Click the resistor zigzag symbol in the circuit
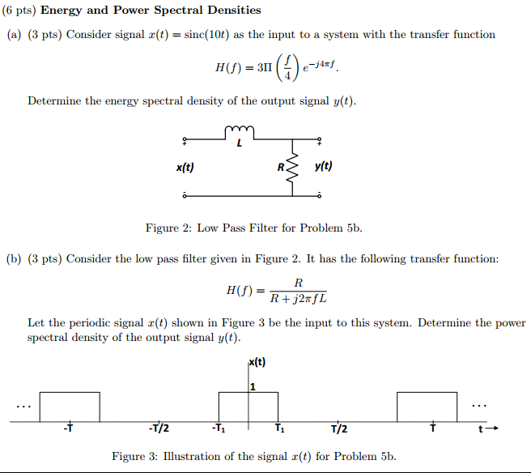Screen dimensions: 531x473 (292, 168)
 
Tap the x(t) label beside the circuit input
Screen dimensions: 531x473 (185, 167)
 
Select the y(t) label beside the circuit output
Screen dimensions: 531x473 (324, 166)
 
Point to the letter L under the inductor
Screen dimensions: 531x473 (240, 143)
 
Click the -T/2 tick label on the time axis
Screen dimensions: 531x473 (159, 428)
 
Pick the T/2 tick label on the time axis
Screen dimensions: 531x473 (339, 429)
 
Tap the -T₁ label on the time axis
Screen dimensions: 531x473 (219, 428)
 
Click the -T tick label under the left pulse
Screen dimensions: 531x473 (68, 428)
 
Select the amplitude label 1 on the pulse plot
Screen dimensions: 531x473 (253, 386)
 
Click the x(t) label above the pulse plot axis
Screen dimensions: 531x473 (257, 362)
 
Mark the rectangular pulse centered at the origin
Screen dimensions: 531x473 (249, 392)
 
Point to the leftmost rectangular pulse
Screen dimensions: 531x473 (70, 392)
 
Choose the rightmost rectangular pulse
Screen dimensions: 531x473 (427, 392)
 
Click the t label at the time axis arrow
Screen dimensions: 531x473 (481, 429)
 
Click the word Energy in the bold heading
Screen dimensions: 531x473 (61, 11)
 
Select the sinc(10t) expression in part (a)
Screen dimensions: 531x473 (206, 35)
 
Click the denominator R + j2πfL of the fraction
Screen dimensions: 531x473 (299, 299)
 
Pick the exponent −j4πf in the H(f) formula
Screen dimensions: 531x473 (323, 64)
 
